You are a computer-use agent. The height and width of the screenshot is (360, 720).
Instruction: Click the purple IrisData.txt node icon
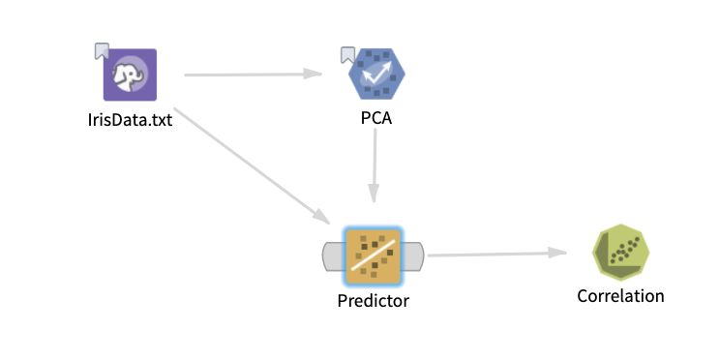[130, 75]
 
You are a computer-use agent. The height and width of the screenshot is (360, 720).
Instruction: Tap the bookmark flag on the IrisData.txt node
[102, 50]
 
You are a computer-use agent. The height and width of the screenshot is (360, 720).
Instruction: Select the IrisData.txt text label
[130, 121]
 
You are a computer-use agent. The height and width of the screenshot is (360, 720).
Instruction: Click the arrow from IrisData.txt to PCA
[252, 74]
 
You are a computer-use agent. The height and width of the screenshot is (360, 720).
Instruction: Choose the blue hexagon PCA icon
[377, 75]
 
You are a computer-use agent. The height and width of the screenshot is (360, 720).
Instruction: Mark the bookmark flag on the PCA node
[348, 54]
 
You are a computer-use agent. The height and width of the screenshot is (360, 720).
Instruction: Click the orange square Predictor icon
[374, 255]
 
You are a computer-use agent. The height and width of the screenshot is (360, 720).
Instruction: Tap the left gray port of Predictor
[332, 256]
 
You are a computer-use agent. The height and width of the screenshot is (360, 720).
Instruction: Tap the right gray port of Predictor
[415, 256]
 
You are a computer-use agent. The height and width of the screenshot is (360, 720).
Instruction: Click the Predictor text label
[374, 301]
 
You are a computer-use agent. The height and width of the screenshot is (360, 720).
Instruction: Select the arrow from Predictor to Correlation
[494, 255]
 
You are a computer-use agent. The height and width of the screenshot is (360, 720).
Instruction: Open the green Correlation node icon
[620, 255]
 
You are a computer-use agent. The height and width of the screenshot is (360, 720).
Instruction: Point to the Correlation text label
[620, 296]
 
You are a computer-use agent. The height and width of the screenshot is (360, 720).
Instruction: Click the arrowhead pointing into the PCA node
[314, 74]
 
